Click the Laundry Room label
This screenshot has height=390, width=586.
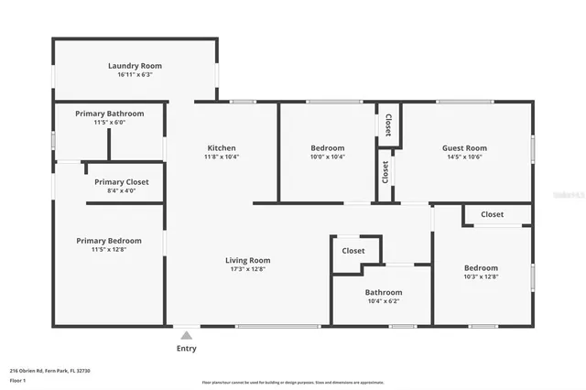pyautogui.click(x=135, y=65)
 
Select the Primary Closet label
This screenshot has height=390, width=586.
pyautogui.click(x=122, y=181)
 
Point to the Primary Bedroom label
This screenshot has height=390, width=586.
pyautogui.click(x=108, y=240)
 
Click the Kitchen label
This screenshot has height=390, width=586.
pyautogui.click(x=221, y=147)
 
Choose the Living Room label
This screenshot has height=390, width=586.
pyautogui.click(x=248, y=260)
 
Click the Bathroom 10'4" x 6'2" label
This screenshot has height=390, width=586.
pyautogui.click(x=384, y=292)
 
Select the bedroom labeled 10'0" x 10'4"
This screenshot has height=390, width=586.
pyautogui.click(x=327, y=147)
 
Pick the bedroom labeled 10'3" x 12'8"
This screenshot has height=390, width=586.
pyautogui.click(x=481, y=267)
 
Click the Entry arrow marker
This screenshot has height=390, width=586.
pyautogui.click(x=186, y=335)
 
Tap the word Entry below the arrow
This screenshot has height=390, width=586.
pyautogui.click(x=186, y=348)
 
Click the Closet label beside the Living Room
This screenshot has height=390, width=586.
pyautogui.click(x=353, y=251)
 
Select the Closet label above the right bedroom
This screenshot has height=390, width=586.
pyautogui.click(x=492, y=214)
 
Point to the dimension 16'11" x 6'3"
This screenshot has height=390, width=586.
pyautogui.click(x=135, y=75)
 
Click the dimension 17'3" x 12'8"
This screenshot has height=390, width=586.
pyautogui.click(x=248, y=270)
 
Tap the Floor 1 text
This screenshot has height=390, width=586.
pyautogui.click(x=17, y=379)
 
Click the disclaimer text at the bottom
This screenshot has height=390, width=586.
pyautogui.click(x=292, y=383)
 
